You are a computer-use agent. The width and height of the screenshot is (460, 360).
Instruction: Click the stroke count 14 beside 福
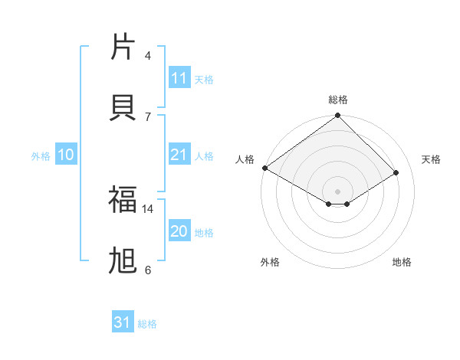[148, 208]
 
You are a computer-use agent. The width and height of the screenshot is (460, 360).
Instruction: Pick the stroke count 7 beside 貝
[148, 116]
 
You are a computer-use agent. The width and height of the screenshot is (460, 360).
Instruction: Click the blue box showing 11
[179, 78]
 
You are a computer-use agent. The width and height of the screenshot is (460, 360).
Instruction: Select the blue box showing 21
[179, 155]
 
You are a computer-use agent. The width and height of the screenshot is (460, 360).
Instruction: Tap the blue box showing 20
[179, 231]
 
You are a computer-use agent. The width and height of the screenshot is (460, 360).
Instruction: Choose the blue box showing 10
[65, 155]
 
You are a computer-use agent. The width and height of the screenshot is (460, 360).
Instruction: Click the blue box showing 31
[123, 322]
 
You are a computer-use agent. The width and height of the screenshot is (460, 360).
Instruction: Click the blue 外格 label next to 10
[41, 156]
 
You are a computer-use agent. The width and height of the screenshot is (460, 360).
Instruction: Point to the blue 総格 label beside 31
[147, 324]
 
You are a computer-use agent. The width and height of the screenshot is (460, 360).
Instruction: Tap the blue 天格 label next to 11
[204, 79]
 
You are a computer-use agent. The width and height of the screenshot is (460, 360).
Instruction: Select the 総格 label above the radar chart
[338, 100]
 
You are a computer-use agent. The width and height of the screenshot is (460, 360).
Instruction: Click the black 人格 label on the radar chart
[245, 159]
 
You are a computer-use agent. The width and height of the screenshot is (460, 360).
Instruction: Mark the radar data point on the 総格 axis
[338, 116]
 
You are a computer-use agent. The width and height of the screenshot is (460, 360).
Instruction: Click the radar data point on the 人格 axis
[264, 168]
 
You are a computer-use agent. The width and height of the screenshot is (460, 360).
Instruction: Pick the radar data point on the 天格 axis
[396, 173]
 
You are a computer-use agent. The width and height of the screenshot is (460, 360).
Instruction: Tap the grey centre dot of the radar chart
[338, 191]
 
